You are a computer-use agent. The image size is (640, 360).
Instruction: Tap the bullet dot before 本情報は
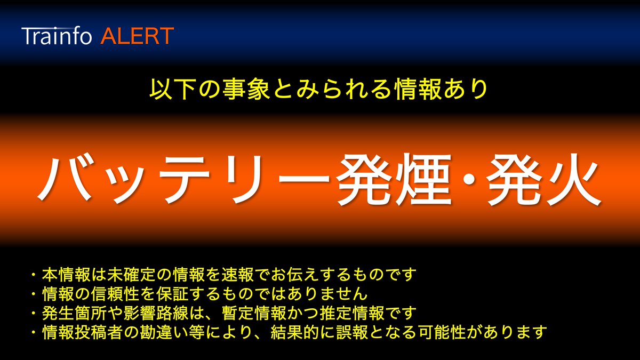pos(34,275)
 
